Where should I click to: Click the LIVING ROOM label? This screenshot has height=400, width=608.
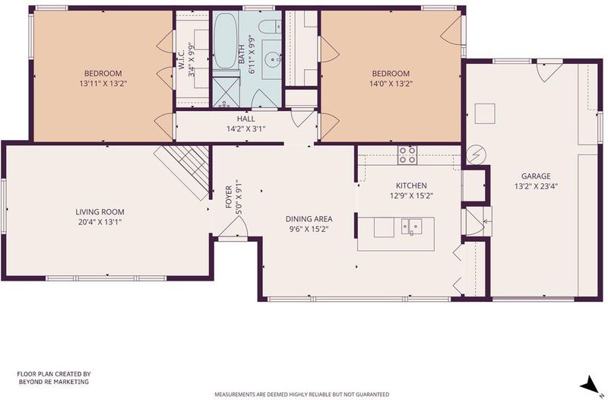click(100, 212)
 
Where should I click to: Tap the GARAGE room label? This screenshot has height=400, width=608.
click(536, 176)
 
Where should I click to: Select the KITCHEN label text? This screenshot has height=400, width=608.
click(411, 186)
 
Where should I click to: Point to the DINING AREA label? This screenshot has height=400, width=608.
click(309, 219)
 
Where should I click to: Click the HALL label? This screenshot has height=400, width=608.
click(245, 119)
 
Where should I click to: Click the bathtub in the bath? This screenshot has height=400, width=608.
click(225, 41)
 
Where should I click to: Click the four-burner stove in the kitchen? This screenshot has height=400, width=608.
click(407, 155)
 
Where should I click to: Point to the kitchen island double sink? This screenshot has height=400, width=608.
click(411, 227)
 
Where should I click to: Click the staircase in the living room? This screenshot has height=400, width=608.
click(183, 173)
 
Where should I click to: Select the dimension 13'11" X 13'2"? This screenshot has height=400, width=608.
click(103, 84)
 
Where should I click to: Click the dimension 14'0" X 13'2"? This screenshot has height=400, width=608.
click(391, 84)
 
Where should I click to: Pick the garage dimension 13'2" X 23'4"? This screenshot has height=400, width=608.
click(536, 186)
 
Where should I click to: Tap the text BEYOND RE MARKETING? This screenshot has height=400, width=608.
click(54, 382)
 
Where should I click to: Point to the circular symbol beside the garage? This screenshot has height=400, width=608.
click(476, 155)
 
